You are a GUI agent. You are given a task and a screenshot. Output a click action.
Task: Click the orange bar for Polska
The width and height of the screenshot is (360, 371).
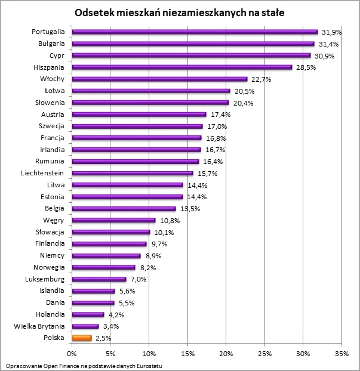(x=82, y=338)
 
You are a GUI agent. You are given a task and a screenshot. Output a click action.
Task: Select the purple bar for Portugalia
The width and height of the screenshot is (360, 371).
(x=195, y=32)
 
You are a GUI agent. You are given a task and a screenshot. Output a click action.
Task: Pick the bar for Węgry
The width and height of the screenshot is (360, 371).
(x=113, y=221)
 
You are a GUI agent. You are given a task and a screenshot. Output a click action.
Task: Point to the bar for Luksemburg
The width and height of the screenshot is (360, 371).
(x=99, y=279)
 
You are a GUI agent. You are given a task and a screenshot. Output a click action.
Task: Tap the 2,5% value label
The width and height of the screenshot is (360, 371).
(x=103, y=338)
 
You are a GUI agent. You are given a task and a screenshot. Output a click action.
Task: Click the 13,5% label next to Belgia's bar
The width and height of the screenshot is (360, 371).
(x=188, y=209)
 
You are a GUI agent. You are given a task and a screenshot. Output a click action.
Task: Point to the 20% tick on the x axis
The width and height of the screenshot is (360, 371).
(x=226, y=353)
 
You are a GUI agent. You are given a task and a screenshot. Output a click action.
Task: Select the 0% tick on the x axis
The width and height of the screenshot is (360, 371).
(x=72, y=353)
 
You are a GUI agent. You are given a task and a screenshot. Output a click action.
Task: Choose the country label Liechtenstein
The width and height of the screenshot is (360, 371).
(x=43, y=173)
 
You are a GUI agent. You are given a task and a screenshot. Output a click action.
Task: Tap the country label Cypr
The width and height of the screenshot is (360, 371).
(x=57, y=55)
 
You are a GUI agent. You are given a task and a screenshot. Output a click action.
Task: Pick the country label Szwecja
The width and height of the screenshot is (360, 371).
(x=52, y=126)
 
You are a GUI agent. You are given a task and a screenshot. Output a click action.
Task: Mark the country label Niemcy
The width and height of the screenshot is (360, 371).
(x=53, y=255)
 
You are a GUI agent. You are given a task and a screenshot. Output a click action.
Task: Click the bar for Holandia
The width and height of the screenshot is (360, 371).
(x=88, y=314)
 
